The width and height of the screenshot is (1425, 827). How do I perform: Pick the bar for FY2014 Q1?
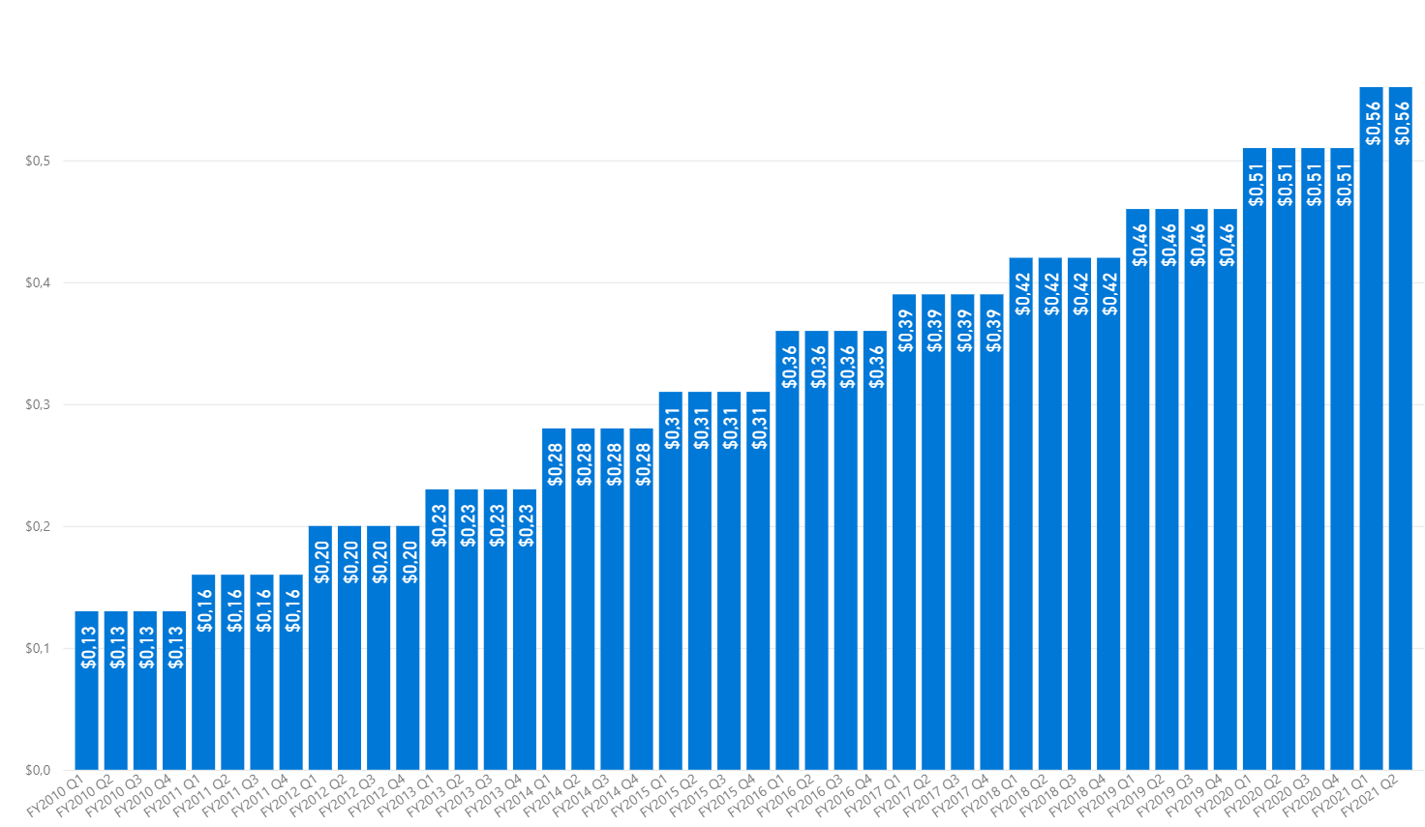click(x=554, y=600)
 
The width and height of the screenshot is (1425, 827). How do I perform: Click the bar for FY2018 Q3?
click(x=1079, y=513)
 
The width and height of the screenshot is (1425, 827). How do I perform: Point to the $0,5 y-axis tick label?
click(x=38, y=162)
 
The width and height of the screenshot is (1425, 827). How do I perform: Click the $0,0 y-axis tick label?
click(x=38, y=770)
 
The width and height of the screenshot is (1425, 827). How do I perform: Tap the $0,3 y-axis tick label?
click(x=38, y=404)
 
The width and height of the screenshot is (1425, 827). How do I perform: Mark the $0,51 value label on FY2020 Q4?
click(x=1344, y=184)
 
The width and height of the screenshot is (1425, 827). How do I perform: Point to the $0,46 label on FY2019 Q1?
click(x=1139, y=245)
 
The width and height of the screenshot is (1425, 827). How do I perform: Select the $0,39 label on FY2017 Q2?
click(x=935, y=330)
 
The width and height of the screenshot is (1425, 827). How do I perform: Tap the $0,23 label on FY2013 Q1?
click(x=439, y=525)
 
